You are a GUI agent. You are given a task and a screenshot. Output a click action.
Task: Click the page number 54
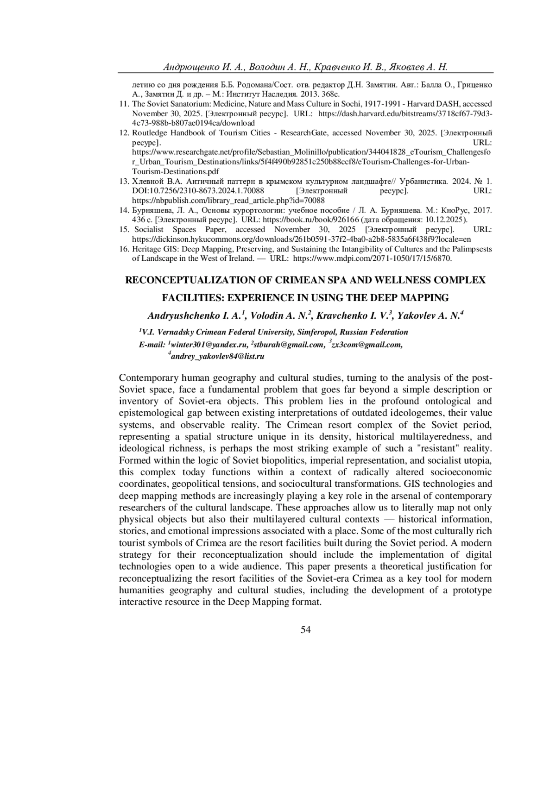tap(306, 629)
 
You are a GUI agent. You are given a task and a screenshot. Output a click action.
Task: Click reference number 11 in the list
tap(124, 104)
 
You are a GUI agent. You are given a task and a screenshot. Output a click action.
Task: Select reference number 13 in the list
tap(124, 181)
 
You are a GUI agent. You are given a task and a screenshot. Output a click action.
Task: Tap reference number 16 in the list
tap(124, 249)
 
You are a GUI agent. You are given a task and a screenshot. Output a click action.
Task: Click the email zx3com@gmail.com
tap(367, 345)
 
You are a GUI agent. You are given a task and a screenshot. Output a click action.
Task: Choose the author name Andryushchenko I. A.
tap(194, 316)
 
